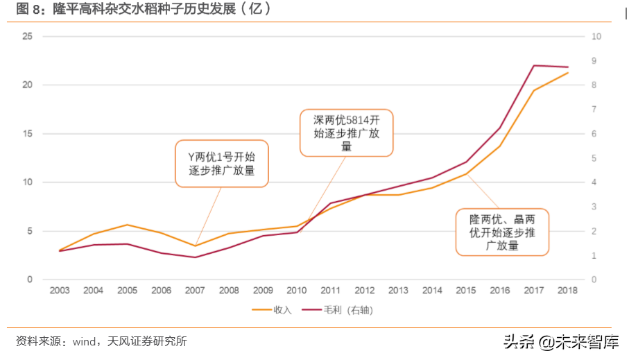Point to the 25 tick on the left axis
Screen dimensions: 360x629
[x=28, y=36]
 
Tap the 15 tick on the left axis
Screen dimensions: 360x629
[x=28, y=134]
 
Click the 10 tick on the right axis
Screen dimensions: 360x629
[x=596, y=36]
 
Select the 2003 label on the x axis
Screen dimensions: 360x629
[x=60, y=291]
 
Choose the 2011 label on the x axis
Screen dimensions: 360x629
[x=330, y=291]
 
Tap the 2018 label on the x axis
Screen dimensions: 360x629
[x=568, y=291]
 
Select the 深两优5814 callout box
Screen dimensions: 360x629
[x=346, y=132]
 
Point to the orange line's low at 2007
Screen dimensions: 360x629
[x=195, y=246]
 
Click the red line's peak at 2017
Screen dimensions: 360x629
[x=534, y=66]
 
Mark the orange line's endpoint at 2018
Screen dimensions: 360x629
[x=568, y=73]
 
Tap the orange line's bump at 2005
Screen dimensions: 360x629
[x=127, y=225]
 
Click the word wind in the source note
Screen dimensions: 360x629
[x=85, y=341]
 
